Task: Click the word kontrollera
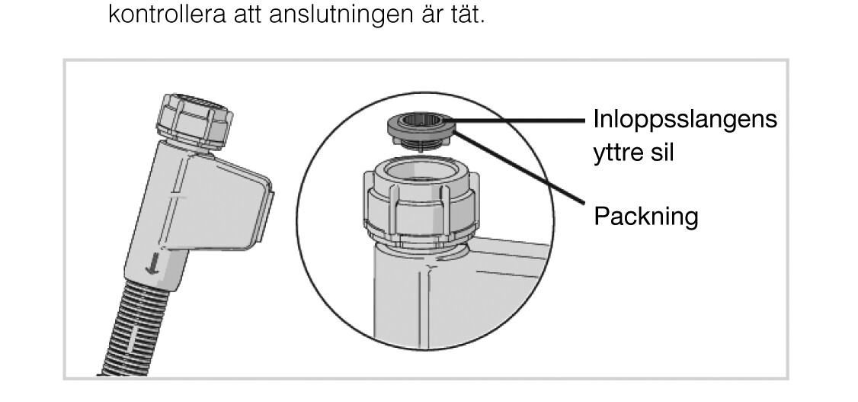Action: click(x=167, y=14)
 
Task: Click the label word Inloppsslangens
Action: click(x=685, y=120)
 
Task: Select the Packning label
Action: click(x=646, y=217)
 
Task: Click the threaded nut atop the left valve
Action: click(x=195, y=121)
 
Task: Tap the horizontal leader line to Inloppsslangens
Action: click(x=517, y=121)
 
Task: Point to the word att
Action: click(x=247, y=14)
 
